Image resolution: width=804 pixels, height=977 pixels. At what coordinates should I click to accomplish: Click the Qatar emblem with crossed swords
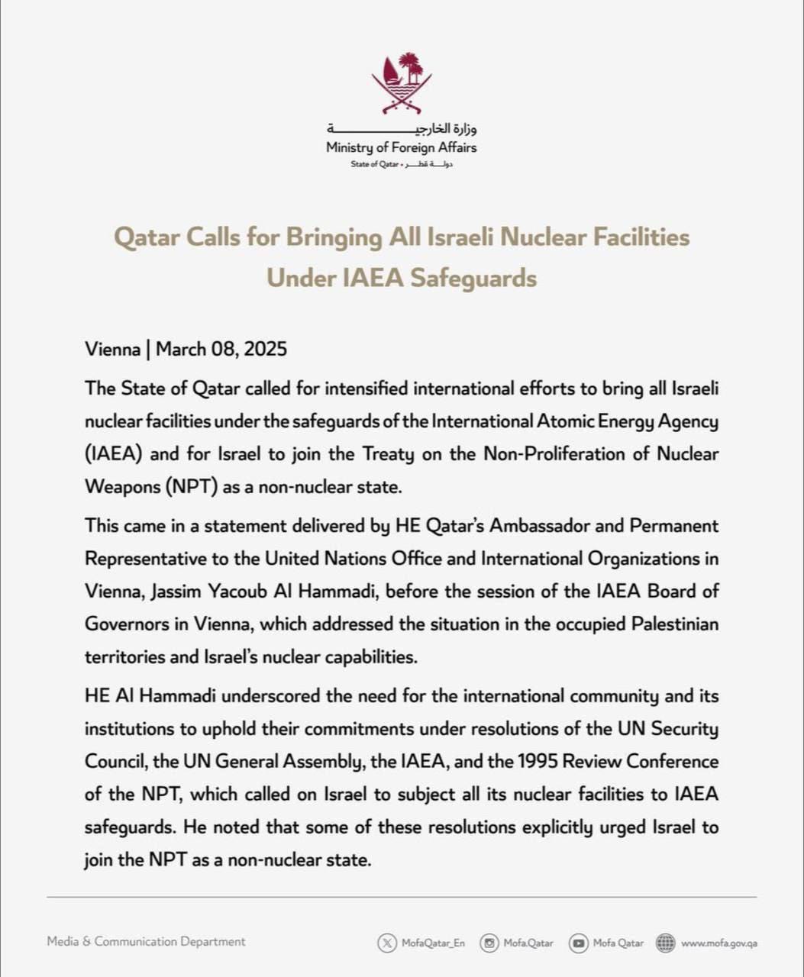[402, 83]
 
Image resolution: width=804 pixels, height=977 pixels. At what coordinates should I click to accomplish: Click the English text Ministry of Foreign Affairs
[401, 147]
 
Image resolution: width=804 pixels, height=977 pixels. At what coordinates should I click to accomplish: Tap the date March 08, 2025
[221, 350]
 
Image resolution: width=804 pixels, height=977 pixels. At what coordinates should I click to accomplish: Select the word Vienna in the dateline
[112, 350]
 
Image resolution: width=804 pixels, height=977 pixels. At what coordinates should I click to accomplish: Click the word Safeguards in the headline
[473, 278]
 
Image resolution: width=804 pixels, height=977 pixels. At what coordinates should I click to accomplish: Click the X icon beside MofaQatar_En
[387, 943]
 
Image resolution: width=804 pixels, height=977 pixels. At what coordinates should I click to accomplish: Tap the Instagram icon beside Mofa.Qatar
[489, 943]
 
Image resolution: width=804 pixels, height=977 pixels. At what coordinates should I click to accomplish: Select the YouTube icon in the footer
[579, 943]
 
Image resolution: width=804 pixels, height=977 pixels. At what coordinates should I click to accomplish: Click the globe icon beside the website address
[666, 943]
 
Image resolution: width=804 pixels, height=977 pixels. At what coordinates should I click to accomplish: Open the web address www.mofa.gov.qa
[718, 943]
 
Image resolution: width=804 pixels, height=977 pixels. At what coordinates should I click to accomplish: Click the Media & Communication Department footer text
[146, 942]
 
